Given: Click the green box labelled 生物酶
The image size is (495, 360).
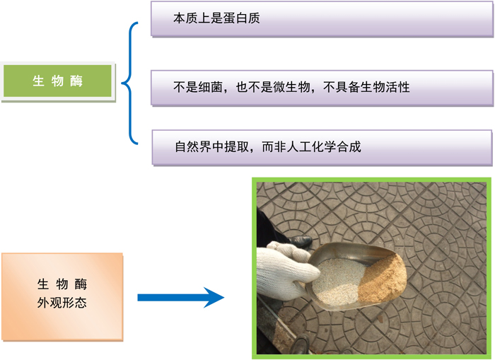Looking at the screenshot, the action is point(58,81).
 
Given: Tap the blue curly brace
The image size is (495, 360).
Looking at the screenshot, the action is point(129,83).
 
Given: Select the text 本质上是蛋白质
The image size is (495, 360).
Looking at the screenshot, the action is point(216,18).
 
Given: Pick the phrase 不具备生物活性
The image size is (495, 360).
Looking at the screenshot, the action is point(366,87).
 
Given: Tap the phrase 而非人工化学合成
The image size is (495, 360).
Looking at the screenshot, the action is point(311,147).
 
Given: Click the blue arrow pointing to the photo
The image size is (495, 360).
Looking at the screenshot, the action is point(180,298).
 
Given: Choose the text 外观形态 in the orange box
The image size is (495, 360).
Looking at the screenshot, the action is point(62,303).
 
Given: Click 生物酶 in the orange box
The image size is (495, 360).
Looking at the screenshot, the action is point(62,284).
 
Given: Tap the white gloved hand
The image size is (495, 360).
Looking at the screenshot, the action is point(284,271).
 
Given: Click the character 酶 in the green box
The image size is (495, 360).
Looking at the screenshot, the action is point(76,81).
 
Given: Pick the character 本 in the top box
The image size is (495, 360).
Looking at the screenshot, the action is point(180,18).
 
